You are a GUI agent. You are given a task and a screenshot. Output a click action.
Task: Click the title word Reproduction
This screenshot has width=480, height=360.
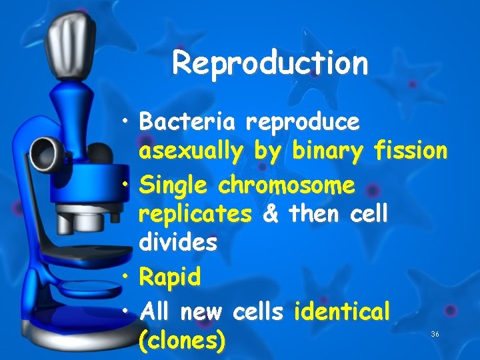click(270, 63)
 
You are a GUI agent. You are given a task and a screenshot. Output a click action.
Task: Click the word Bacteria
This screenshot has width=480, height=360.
click(187, 122)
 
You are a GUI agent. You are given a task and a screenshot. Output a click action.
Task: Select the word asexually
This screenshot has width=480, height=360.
click(191, 152)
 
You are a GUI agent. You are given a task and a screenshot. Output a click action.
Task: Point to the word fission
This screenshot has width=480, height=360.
click(411, 151)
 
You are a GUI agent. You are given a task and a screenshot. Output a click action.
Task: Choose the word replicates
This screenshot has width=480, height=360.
click(195, 215)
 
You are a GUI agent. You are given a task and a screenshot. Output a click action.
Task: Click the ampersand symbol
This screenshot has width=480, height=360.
click(271, 214)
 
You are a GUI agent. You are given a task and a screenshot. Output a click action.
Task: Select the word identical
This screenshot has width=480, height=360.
click(341, 309)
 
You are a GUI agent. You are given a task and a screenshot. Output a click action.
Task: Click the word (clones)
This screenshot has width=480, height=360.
click(181, 341)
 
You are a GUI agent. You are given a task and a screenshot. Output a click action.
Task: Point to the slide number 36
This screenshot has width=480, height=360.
click(435, 333)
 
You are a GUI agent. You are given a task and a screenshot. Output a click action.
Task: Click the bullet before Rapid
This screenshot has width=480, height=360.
click(127, 275)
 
